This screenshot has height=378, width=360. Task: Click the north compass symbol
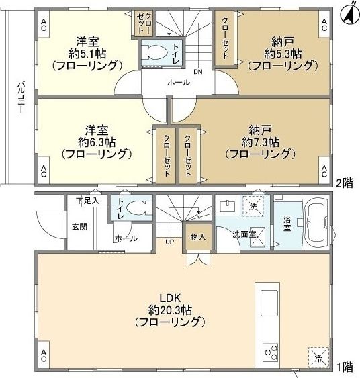[349, 11]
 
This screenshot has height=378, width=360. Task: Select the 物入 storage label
[198, 237]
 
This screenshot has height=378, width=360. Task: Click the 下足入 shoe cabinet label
[87, 200]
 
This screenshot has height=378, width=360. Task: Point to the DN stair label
[197, 72]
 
